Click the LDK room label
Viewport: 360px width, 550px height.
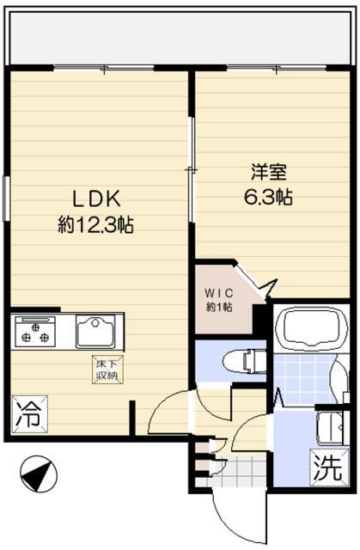96,199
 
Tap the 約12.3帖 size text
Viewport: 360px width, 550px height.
95,224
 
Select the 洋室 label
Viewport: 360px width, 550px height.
269,172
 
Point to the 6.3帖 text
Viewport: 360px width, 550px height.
269,197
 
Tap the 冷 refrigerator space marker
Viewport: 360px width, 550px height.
29,414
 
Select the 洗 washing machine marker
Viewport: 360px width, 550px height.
328,467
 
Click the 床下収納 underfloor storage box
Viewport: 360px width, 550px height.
107,370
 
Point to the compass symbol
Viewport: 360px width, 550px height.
38,474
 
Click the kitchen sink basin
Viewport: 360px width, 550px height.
95,332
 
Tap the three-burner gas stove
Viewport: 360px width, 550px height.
35,332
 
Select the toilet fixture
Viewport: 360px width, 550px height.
244,362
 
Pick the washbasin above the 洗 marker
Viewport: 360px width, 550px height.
332,428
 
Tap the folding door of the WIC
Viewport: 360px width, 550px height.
256,280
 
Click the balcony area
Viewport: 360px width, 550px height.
180,38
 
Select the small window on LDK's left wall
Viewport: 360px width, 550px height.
6,199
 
